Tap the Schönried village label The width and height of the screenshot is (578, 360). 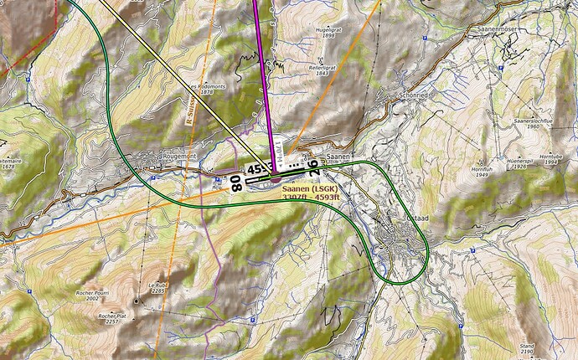[x=410, y=95]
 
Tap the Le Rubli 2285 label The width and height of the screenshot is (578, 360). [x=156, y=287]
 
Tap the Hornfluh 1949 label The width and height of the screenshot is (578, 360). [x=480, y=171]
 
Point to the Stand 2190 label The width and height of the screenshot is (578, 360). [x=526, y=347]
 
